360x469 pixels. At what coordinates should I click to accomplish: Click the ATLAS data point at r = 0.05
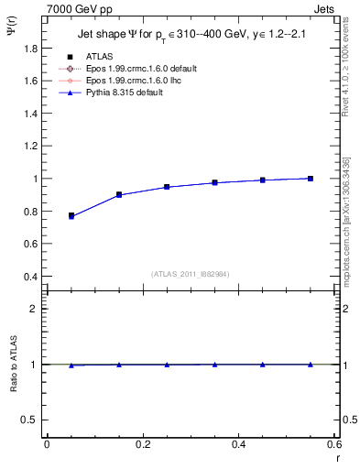[71, 216]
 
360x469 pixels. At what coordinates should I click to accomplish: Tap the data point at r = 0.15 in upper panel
[119, 195]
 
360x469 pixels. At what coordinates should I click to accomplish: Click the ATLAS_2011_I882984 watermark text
[190, 274]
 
